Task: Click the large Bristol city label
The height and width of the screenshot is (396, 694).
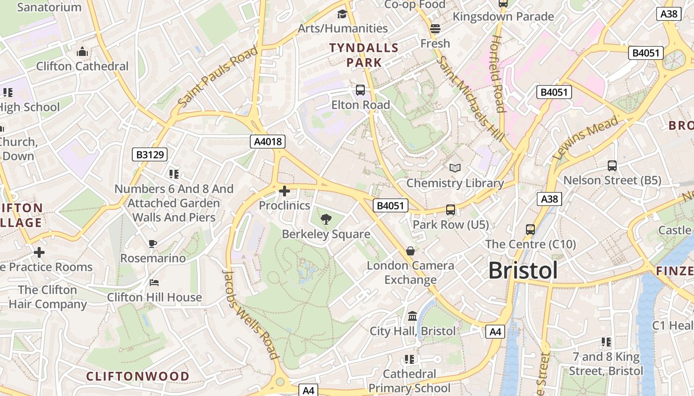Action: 523,271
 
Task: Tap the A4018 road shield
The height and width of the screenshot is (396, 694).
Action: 268,142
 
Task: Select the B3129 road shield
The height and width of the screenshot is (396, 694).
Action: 150,154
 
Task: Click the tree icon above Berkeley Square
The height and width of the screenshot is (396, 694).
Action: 326,219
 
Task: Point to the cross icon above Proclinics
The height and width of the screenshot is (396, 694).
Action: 285,191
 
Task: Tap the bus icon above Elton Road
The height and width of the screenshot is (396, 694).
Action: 360,90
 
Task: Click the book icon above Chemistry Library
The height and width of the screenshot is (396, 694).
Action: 455,168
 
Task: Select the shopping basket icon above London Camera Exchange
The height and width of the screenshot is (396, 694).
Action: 410,251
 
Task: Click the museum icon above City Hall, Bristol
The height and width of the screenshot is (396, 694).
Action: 412,316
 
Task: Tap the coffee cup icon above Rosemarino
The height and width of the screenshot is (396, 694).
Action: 153,244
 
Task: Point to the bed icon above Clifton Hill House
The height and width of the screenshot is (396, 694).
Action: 154,283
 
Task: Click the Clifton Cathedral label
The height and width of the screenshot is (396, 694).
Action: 82,66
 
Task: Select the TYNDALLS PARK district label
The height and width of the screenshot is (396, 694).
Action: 364,55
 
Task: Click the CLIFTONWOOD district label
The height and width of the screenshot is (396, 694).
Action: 138,376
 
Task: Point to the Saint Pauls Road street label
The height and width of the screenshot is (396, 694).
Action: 218,77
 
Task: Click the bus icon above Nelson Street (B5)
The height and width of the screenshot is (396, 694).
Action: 612,166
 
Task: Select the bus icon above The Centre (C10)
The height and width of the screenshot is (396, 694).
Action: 530,230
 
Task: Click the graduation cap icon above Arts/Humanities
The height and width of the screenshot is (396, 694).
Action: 342,14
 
